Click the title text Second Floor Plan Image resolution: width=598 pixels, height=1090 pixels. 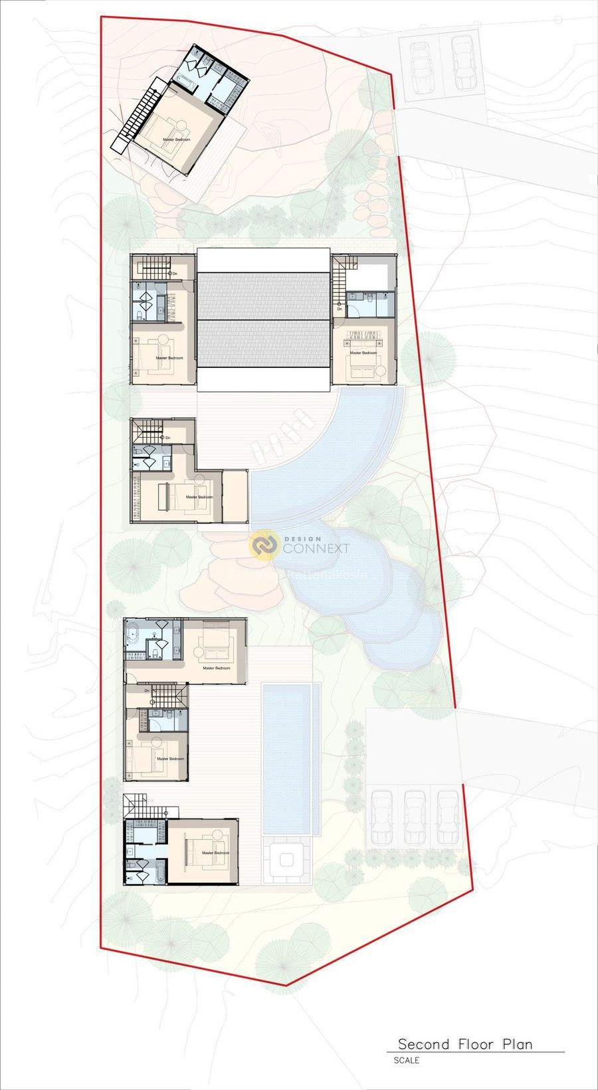click(x=465, y=1044)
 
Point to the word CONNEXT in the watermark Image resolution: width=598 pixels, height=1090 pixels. click(x=316, y=549)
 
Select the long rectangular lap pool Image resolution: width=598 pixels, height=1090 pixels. click(x=287, y=758)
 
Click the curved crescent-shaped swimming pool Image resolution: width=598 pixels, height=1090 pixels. click(x=346, y=465)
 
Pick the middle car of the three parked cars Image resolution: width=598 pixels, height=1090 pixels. click(x=415, y=816)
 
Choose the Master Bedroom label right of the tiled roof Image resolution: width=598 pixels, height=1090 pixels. click(x=363, y=353)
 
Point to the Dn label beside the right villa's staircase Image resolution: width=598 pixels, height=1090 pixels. click(x=339, y=309)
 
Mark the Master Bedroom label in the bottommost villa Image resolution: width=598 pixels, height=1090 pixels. click(x=215, y=853)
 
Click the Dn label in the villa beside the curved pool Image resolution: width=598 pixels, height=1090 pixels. click(x=167, y=438)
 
